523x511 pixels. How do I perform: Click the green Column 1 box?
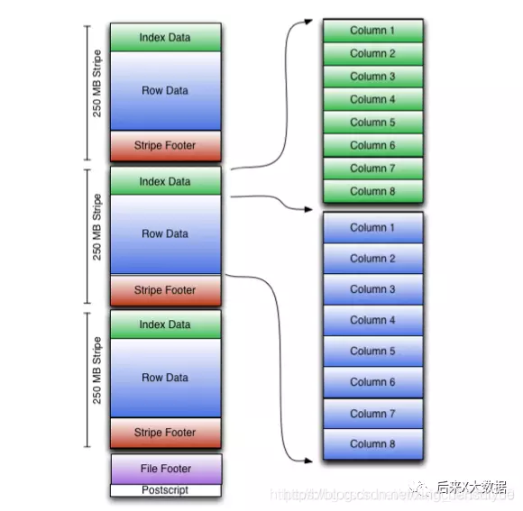pyautogui.click(x=372, y=31)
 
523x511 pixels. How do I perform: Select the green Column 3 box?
pyautogui.click(x=372, y=77)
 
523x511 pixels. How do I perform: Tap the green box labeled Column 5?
pyautogui.click(x=372, y=123)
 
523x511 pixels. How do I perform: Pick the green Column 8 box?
pyautogui.click(x=372, y=191)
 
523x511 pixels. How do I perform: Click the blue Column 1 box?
pyautogui.click(x=372, y=228)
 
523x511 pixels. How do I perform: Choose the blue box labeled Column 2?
pyautogui.click(x=372, y=259)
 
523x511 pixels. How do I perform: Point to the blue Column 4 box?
pyautogui.click(x=372, y=320)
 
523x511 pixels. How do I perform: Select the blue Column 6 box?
pyautogui.click(x=372, y=382)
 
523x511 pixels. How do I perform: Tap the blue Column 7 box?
pyautogui.click(x=372, y=414)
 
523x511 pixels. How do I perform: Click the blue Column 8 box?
pyautogui.click(x=372, y=443)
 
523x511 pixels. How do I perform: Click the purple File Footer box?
pyautogui.click(x=166, y=469)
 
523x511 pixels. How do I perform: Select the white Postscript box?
pyautogui.click(x=166, y=490)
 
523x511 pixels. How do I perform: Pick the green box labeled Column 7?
pyautogui.click(x=372, y=169)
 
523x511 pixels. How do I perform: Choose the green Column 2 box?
pyautogui.click(x=372, y=54)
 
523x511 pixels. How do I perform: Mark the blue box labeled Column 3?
pyautogui.click(x=372, y=289)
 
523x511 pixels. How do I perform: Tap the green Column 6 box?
pyautogui.click(x=372, y=145)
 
